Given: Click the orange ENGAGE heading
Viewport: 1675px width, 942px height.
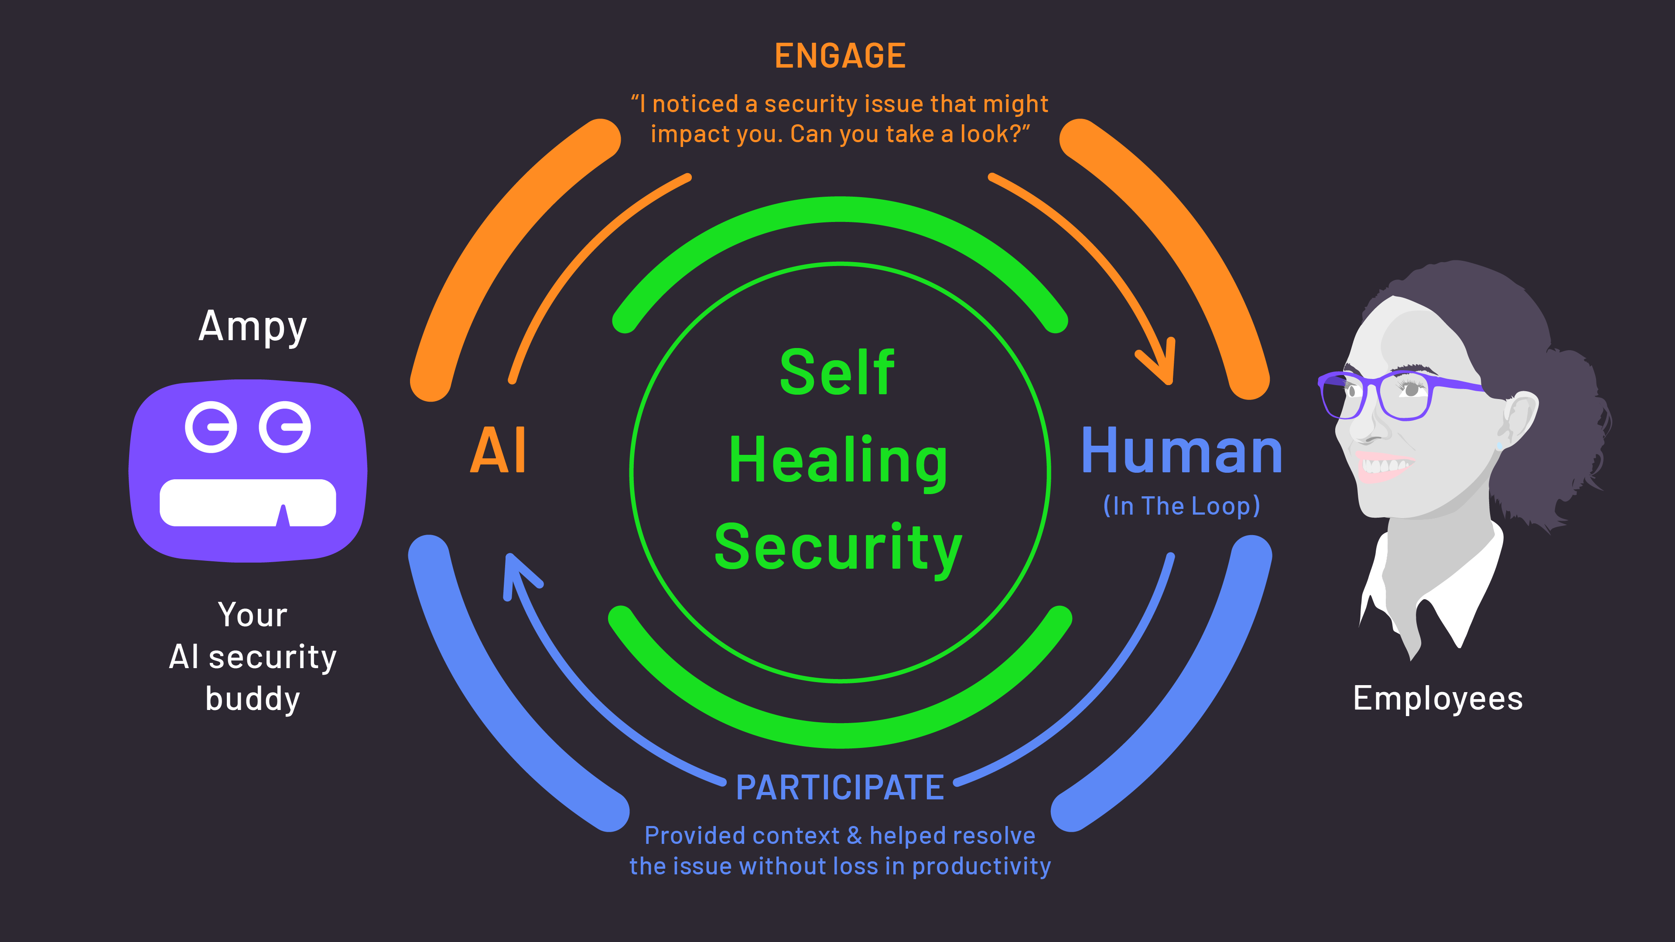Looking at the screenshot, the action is [x=839, y=56].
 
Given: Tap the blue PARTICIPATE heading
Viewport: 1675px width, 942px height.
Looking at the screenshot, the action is [x=839, y=788].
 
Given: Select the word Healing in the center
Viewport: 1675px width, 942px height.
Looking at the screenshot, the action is [x=837, y=460].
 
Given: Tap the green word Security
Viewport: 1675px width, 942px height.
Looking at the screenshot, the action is [x=837, y=547].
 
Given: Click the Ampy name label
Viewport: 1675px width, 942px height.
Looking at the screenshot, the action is [x=252, y=327].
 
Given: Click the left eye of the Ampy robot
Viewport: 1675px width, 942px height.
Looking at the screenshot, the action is [x=211, y=427].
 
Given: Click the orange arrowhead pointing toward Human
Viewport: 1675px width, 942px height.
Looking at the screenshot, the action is [x=1161, y=364].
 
